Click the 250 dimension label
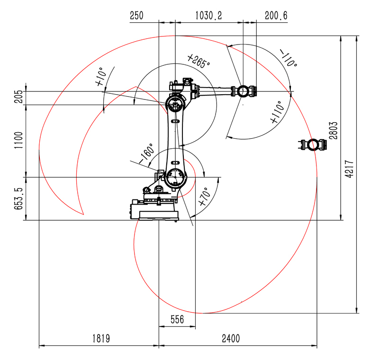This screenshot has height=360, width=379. click(136, 16)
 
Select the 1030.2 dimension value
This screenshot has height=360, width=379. click(209, 16)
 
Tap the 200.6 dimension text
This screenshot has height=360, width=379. click(276, 16)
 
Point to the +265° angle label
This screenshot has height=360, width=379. click(199, 61)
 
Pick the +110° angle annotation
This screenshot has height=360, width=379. click(276, 112)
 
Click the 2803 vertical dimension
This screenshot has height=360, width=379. click(334, 129)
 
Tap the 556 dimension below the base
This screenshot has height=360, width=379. click(177, 320)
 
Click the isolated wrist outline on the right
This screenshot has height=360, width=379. click(313, 144)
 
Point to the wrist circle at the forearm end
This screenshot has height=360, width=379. click(243, 91)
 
